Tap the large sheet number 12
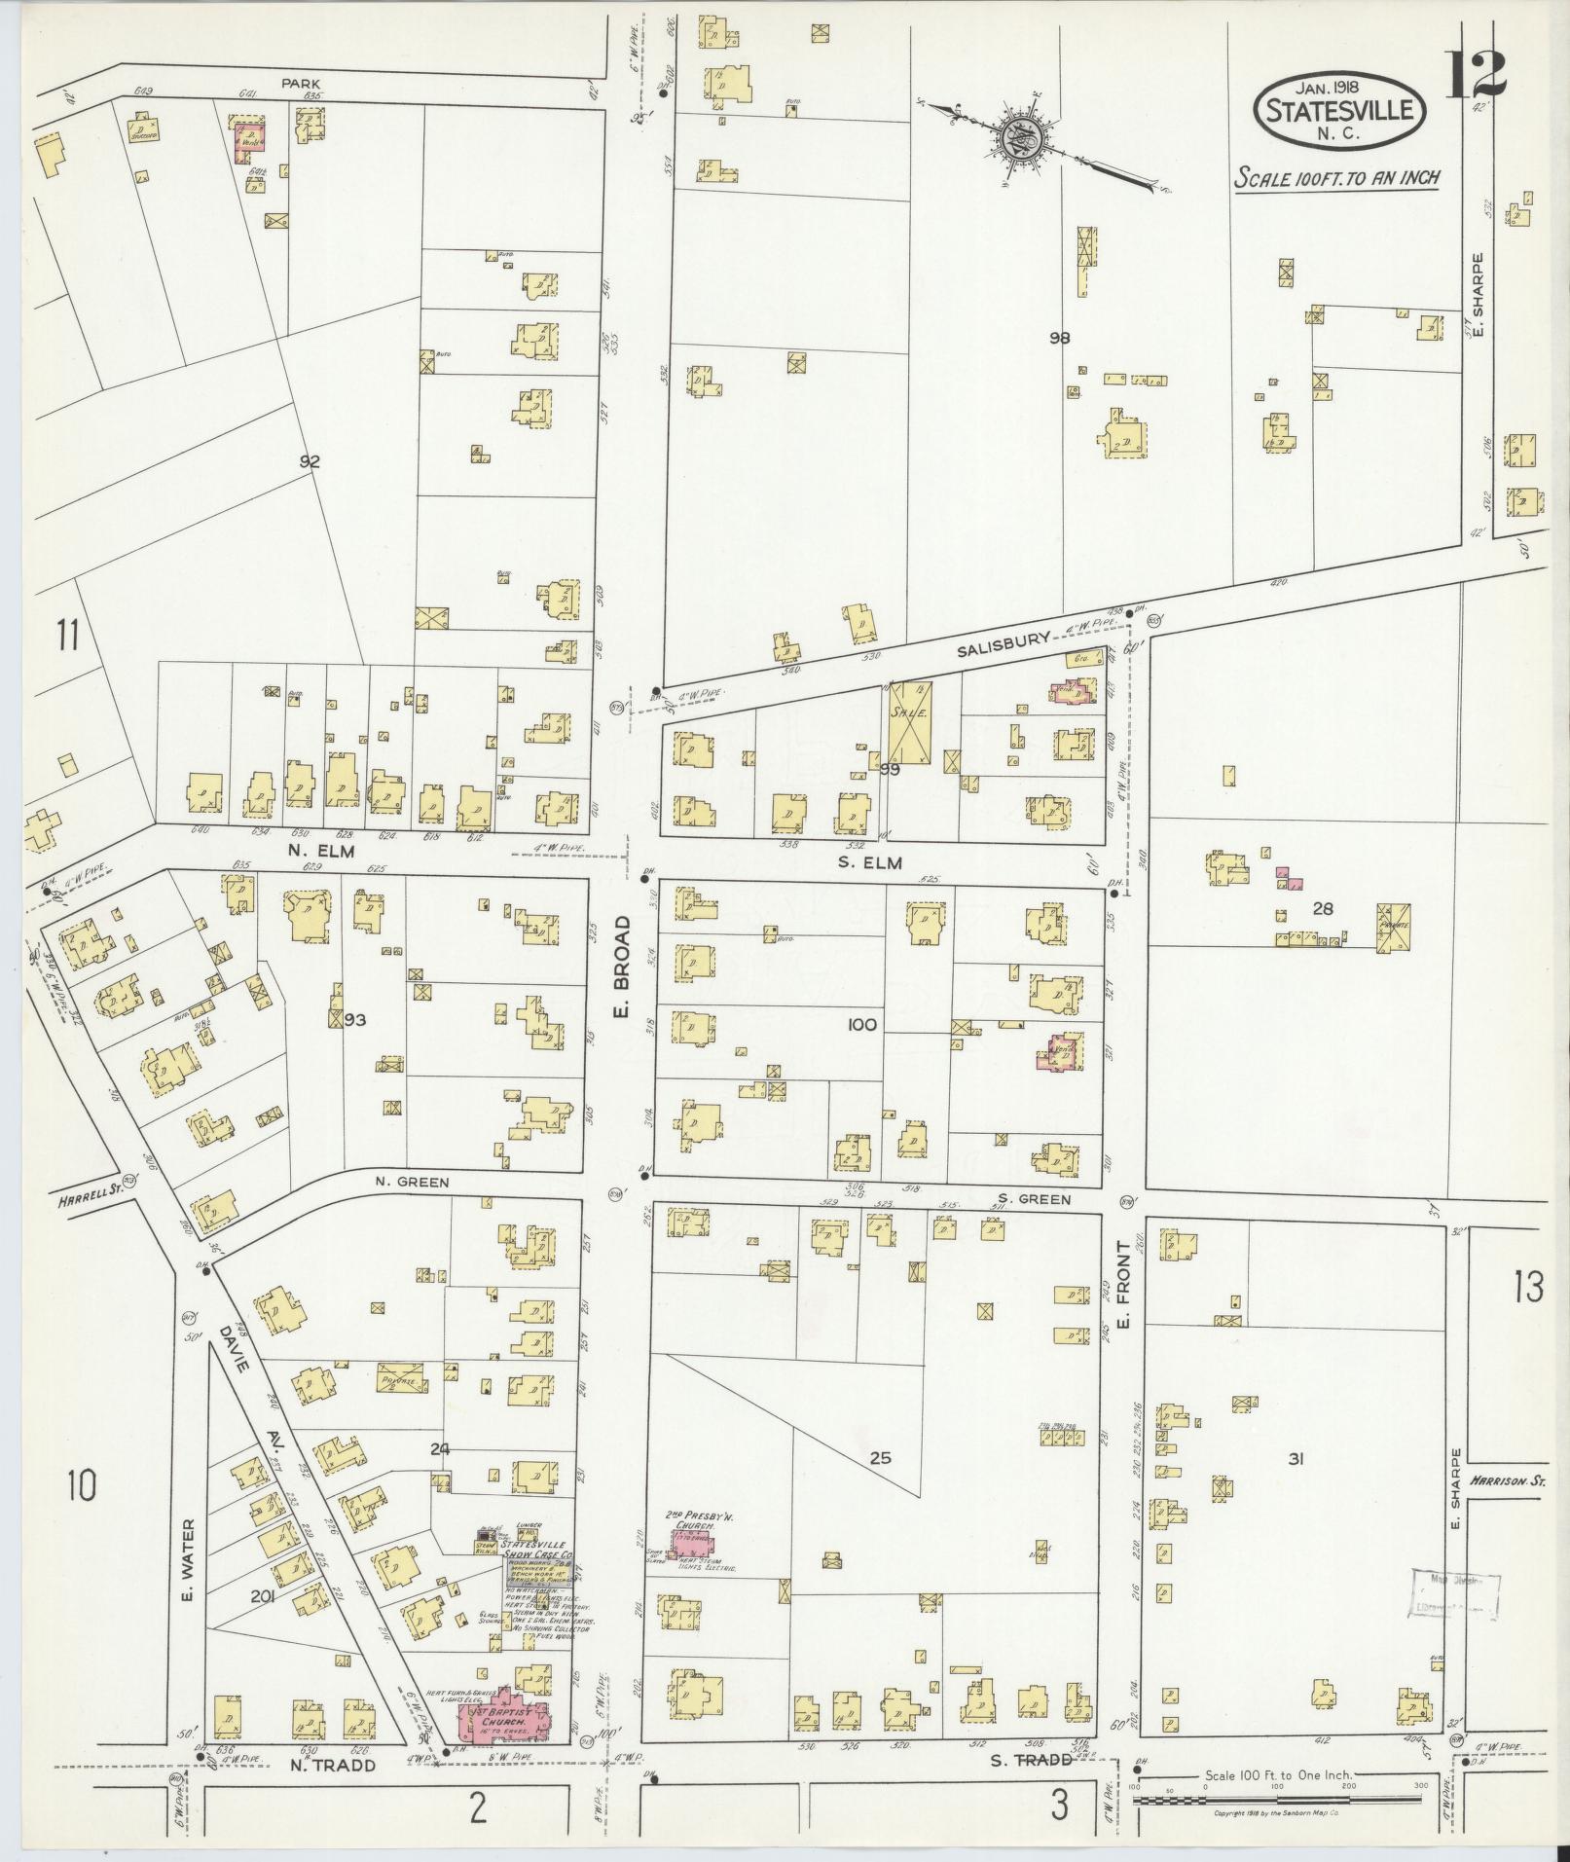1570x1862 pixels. click(x=1475, y=74)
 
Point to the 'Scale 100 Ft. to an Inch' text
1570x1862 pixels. click(x=1335, y=178)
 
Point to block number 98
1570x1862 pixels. click(x=1060, y=338)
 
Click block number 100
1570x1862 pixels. click(x=861, y=1024)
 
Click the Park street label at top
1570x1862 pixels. click(x=301, y=84)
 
